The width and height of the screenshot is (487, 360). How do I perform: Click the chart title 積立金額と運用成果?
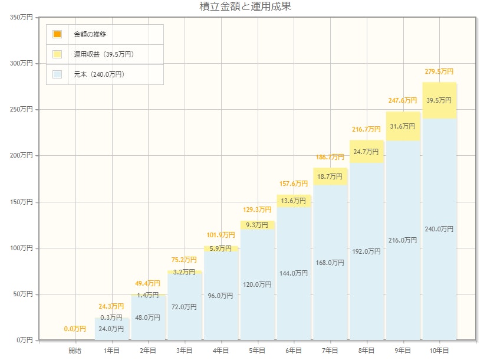click(245, 7)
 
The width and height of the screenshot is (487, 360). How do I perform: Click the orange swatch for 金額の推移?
click(57, 34)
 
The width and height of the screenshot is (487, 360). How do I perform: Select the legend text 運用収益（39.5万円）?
click(103, 54)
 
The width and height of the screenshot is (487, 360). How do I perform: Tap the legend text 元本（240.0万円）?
click(98, 74)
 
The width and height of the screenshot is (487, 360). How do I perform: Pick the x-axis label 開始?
click(75, 351)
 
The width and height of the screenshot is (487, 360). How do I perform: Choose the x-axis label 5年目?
click(256, 351)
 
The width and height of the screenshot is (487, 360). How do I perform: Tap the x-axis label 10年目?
click(439, 351)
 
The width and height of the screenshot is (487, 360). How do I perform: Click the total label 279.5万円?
click(439, 71)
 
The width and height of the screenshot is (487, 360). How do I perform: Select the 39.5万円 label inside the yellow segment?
click(439, 100)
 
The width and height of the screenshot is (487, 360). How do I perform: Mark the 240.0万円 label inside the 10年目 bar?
click(439, 229)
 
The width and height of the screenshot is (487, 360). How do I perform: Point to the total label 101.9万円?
click(221, 235)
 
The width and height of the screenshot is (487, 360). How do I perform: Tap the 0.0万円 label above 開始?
click(75, 329)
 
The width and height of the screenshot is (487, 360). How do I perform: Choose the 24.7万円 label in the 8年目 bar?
click(366, 152)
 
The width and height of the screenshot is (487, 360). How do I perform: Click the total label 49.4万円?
click(147, 283)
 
